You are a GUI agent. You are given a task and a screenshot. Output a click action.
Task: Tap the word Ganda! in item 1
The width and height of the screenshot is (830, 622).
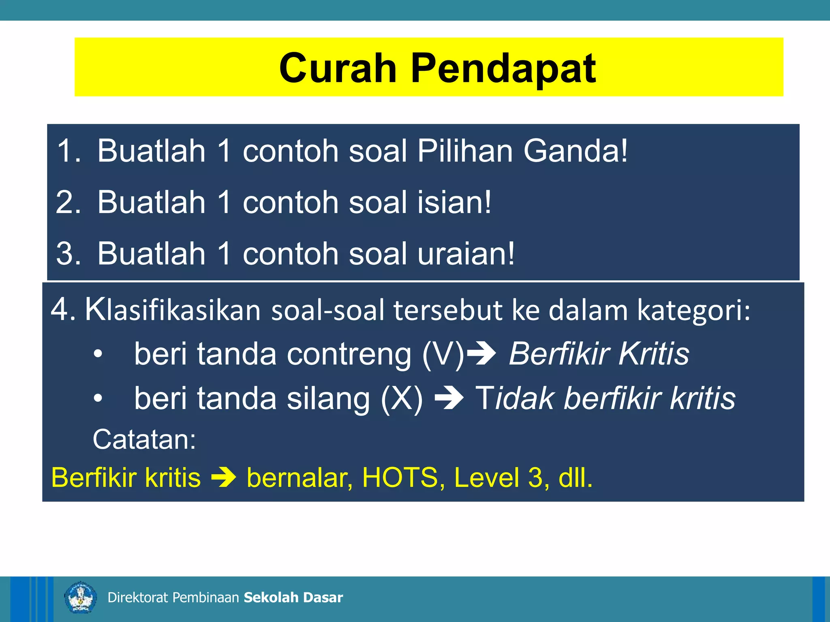[575, 151]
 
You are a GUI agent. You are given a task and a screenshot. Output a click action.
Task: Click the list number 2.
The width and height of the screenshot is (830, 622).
[68, 202]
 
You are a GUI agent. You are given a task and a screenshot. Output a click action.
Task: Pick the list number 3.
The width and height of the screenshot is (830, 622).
[68, 253]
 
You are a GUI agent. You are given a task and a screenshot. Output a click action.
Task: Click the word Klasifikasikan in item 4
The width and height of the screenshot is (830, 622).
[173, 310]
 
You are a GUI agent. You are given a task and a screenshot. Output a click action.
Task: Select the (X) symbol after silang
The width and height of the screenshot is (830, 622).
[402, 398]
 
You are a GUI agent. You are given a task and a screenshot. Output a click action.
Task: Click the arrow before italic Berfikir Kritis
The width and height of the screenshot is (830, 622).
[481, 354]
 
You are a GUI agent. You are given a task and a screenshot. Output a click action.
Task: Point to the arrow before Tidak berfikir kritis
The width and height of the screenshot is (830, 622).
[449, 398]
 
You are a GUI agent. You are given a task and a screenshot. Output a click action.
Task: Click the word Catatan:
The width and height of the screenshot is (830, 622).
[144, 439]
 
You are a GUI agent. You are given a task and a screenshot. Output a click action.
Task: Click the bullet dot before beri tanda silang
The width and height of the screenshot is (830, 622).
[98, 398]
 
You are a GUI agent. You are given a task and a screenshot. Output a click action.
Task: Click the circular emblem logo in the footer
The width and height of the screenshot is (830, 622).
[80, 597]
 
